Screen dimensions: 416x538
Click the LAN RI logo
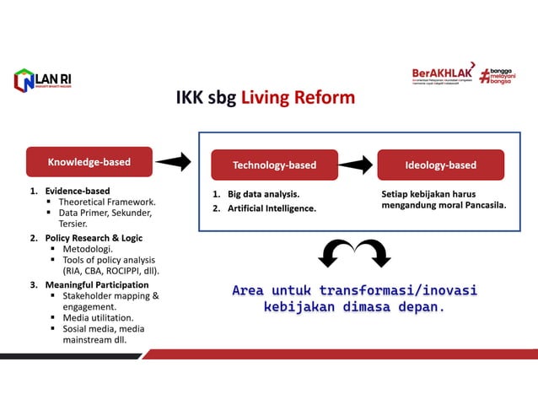tap(42, 79)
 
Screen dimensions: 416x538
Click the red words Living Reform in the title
tap(298, 98)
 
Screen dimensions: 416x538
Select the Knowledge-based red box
tap(89, 160)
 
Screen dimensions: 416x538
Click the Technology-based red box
tap(274, 165)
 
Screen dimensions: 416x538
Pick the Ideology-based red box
tap(440, 165)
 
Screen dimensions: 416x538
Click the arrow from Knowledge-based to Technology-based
tap(173, 161)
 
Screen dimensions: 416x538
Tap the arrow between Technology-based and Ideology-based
tap(356, 165)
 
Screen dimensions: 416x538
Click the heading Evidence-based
tap(78, 191)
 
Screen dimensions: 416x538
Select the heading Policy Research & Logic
tap(94, 238)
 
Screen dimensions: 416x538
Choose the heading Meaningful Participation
tap(96, 284)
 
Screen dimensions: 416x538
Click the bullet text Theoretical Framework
tap(107, 203)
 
